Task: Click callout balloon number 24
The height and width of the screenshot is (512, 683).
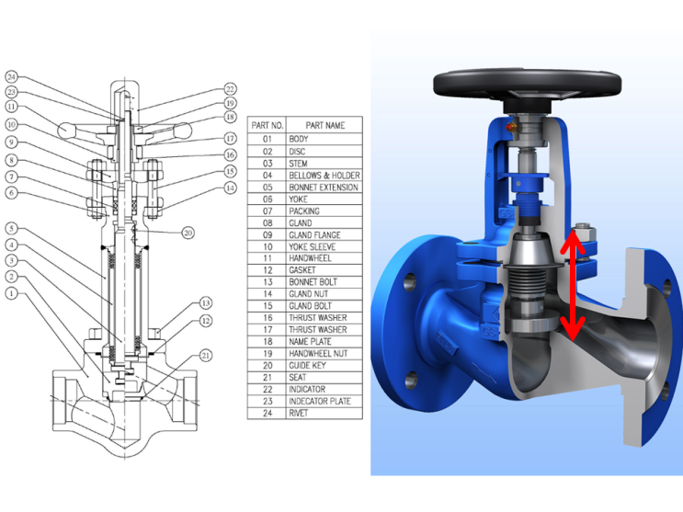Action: pyautogui.click(x=11, y=77)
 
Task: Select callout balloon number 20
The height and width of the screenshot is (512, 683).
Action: pyautogui.click(x=188, y=233)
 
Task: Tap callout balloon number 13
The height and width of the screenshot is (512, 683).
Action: pyautogui.click(x=206, y=302)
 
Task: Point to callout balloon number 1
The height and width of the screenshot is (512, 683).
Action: pyautogui.click(x=11, y=293)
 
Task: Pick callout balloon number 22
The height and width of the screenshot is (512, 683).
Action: pyautogui.click(x=230, y=89)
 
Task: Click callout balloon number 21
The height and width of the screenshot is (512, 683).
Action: pyautogui.click(x=206, y=356)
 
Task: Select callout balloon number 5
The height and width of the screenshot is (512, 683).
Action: pyautogui.click(x=11, y=228)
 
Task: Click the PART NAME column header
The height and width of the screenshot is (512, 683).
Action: pyautogui.click(x=324, y=126)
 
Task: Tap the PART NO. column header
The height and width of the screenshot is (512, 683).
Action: pyautogui.click(x=267, y=126)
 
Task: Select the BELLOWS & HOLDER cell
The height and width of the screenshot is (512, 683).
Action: pyautogui.click(x=324, y=176)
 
